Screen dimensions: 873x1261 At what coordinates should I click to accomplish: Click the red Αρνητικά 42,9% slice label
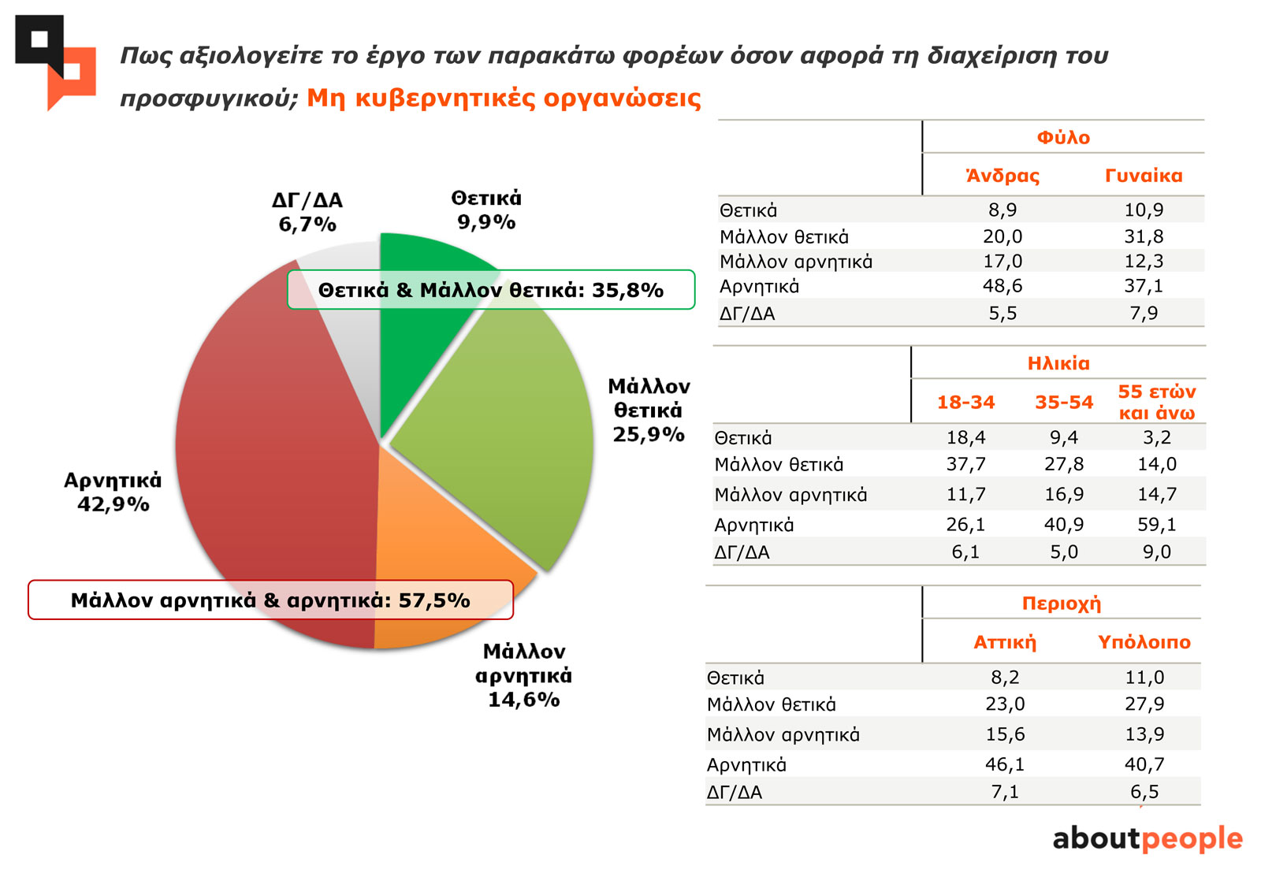tap(113, 492)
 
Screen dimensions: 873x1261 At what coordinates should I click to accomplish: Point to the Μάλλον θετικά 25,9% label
tap(649, 410)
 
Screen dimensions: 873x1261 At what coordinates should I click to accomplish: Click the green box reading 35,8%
tap(490, 290)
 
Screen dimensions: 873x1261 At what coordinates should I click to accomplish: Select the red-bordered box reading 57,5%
tap(270, 600)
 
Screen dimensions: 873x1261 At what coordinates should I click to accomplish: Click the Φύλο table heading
tap(1062, 138)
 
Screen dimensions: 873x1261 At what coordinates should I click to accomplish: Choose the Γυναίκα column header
tap(1144, 176)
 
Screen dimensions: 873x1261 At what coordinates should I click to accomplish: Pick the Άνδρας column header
tap(1002, 176)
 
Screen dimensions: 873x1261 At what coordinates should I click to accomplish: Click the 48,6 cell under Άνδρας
tap(1002, 286)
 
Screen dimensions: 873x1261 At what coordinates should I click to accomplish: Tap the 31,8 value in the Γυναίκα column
tap(1144, 236)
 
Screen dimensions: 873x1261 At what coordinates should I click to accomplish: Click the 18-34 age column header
tap(965, 403)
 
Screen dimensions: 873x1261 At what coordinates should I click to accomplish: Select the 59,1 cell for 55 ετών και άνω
tap(1156, 525)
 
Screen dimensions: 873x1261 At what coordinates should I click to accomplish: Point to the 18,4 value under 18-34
tap(965, 438)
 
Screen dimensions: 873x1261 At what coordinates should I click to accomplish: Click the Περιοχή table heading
tap(1061, 604)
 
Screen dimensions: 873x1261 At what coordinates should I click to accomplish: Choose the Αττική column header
tap(1005, 643)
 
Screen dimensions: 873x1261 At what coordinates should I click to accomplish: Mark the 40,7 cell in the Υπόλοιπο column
tap(1144, 764)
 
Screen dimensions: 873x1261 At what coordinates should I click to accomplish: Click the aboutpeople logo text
tap(1147, 838)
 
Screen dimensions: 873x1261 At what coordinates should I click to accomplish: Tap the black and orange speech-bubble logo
tap(55, 61)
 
